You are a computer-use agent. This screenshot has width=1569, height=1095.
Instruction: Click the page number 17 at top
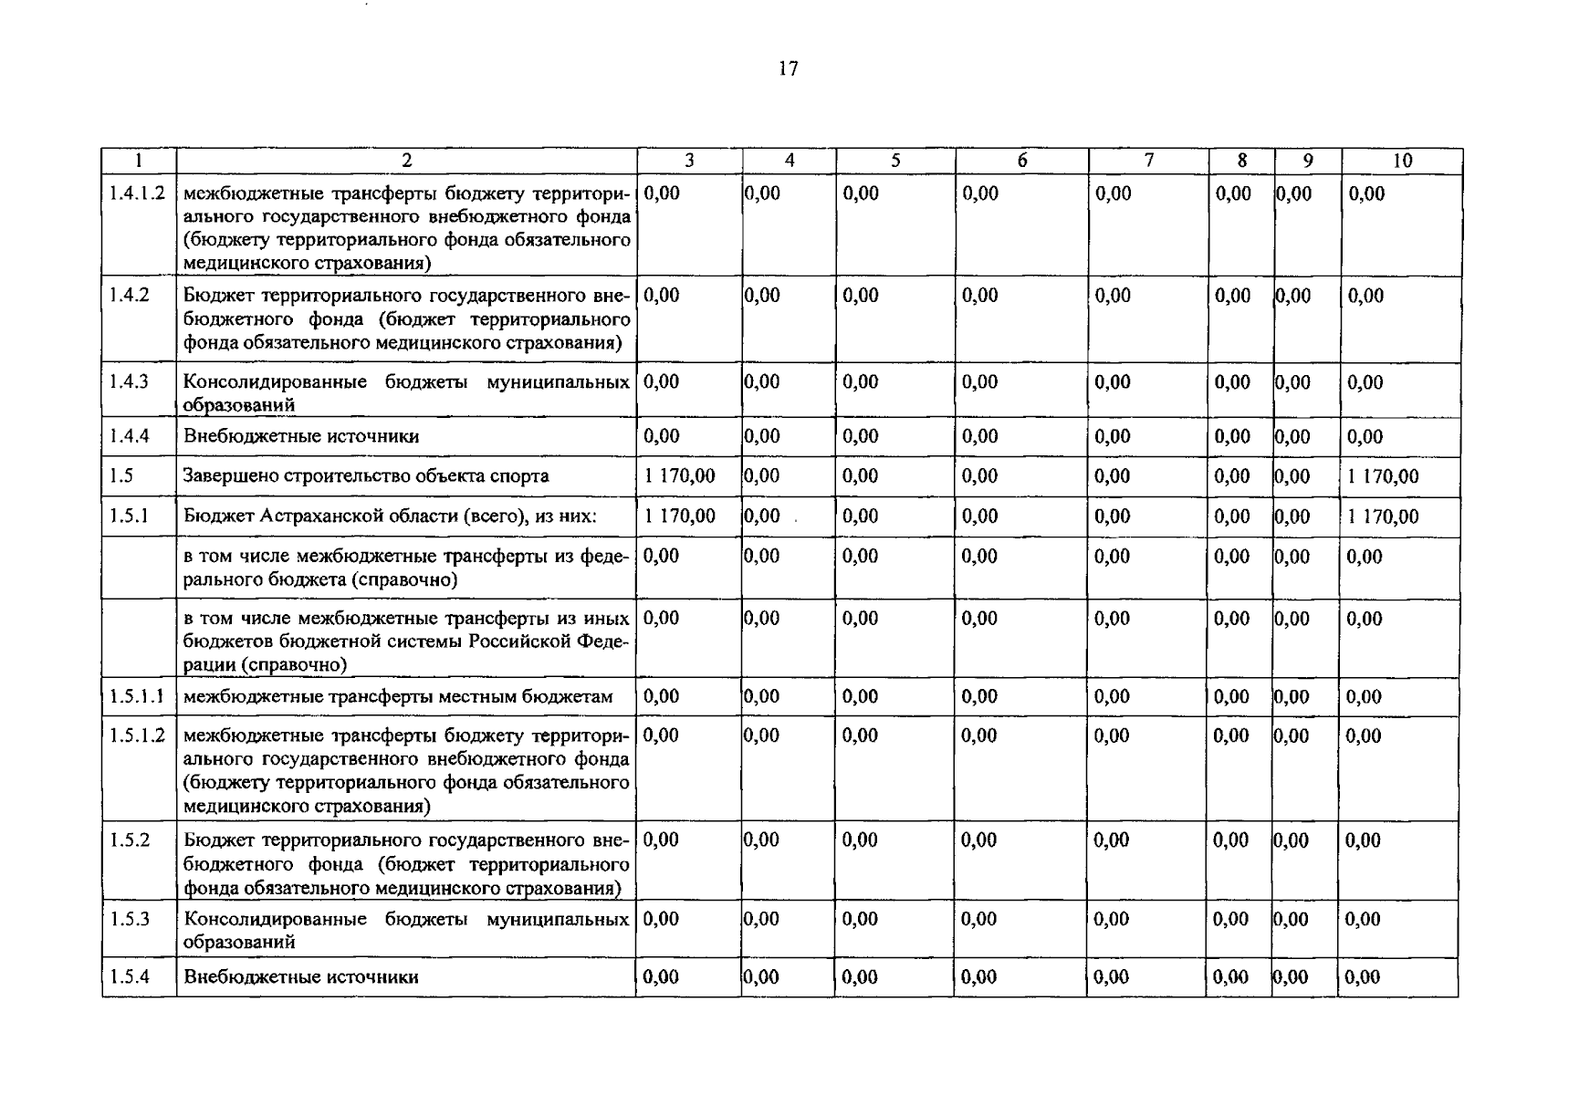click(x=789, y=69)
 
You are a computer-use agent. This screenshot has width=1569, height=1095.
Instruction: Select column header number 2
click(x=406, y=161)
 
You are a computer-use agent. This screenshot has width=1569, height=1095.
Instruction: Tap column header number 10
click(x=1402, y=161)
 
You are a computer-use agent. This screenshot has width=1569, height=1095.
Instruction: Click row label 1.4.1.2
click(x=137, y=193)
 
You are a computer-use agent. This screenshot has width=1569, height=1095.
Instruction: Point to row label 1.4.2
click(x=129, y=296)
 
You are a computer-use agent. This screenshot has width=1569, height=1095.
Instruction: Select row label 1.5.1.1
click(x=137, y=697)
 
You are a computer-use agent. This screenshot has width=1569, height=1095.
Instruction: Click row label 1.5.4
click(x=129, y=977)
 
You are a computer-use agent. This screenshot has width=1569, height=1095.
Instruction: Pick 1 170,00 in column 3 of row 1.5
click(x=680, y=476)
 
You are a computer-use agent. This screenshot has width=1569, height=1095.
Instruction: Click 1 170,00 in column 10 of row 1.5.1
click(x=1383, y=516)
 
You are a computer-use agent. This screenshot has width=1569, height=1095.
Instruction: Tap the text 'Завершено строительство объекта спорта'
click(x=366, y=476)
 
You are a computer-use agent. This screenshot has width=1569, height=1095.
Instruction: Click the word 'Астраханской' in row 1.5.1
click(x=318, y=516)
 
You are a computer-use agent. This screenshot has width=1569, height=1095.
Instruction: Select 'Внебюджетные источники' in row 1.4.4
click(x=301, y=437)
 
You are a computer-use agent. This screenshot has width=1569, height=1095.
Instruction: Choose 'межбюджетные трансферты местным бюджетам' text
click(x=398, y=697)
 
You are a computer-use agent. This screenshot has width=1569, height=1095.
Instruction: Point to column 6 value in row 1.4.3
click(x=979, y=382)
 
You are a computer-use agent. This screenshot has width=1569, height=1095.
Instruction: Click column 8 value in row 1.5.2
click(x=1230, y=840)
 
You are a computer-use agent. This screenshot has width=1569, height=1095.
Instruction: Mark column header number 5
click(x=895, y=161)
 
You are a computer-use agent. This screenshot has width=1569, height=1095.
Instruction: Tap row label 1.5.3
click(x=129, y=919)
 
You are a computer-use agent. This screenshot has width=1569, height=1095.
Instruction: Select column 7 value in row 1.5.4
click(x=1111, y=977)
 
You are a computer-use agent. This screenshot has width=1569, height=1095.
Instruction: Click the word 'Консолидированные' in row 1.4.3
click(x=275, y=382)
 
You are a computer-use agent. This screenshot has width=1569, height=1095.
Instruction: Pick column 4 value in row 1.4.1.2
click(x=762, y=193)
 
